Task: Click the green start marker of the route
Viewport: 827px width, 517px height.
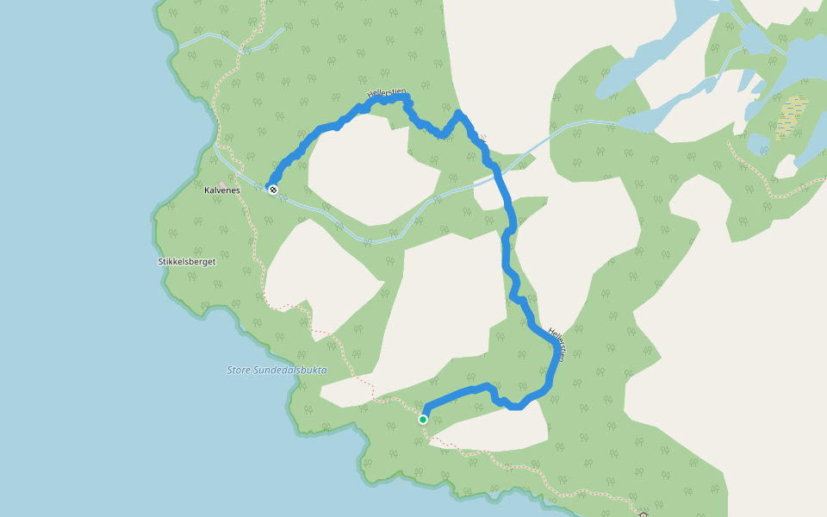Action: [x=423, y=420]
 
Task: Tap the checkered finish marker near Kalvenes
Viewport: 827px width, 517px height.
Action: [x=273, y=190]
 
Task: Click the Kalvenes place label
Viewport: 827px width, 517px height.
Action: [x=221, y=190]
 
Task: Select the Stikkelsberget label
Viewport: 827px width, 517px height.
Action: [x=187, y=261]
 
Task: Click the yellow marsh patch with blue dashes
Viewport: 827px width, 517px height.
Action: [x=792, y=117]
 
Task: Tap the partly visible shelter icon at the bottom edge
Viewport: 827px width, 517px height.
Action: [x=644, y=514]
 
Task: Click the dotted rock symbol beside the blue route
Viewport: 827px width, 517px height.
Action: [x=482, y=139]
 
